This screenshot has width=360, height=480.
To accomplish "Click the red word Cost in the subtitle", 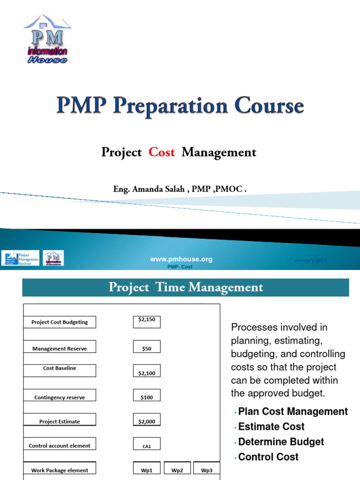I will click(x=161, y=152).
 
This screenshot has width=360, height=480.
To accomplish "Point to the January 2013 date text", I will click(x=311, y=261).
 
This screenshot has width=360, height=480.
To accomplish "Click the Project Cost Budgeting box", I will click(x=60, y=322).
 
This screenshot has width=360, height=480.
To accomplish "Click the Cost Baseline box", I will click(x=60, y=370).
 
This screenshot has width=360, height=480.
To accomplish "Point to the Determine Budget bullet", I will click(x=281, y=442).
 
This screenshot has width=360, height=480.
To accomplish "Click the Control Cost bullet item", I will click(x=268, y=457).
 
